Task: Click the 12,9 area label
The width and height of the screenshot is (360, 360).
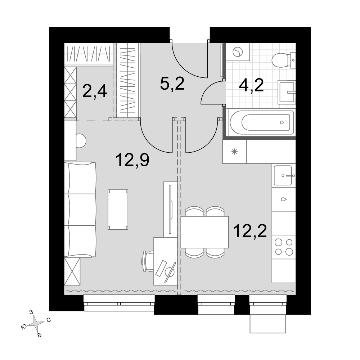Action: point(132,160)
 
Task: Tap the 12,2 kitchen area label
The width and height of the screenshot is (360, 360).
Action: point(250,231)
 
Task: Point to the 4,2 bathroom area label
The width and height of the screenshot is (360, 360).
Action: point(251,85)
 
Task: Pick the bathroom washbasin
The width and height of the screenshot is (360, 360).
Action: point(287,92)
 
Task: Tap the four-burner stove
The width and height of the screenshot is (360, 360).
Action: point(284,247)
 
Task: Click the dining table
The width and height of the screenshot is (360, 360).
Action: point(204,232)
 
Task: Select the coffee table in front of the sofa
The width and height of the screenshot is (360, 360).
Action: point(118,210)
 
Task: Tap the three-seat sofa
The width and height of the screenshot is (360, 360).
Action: point(80,210)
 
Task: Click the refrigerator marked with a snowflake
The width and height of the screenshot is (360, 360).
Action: point(234,152)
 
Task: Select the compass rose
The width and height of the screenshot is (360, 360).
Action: point(36,324)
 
